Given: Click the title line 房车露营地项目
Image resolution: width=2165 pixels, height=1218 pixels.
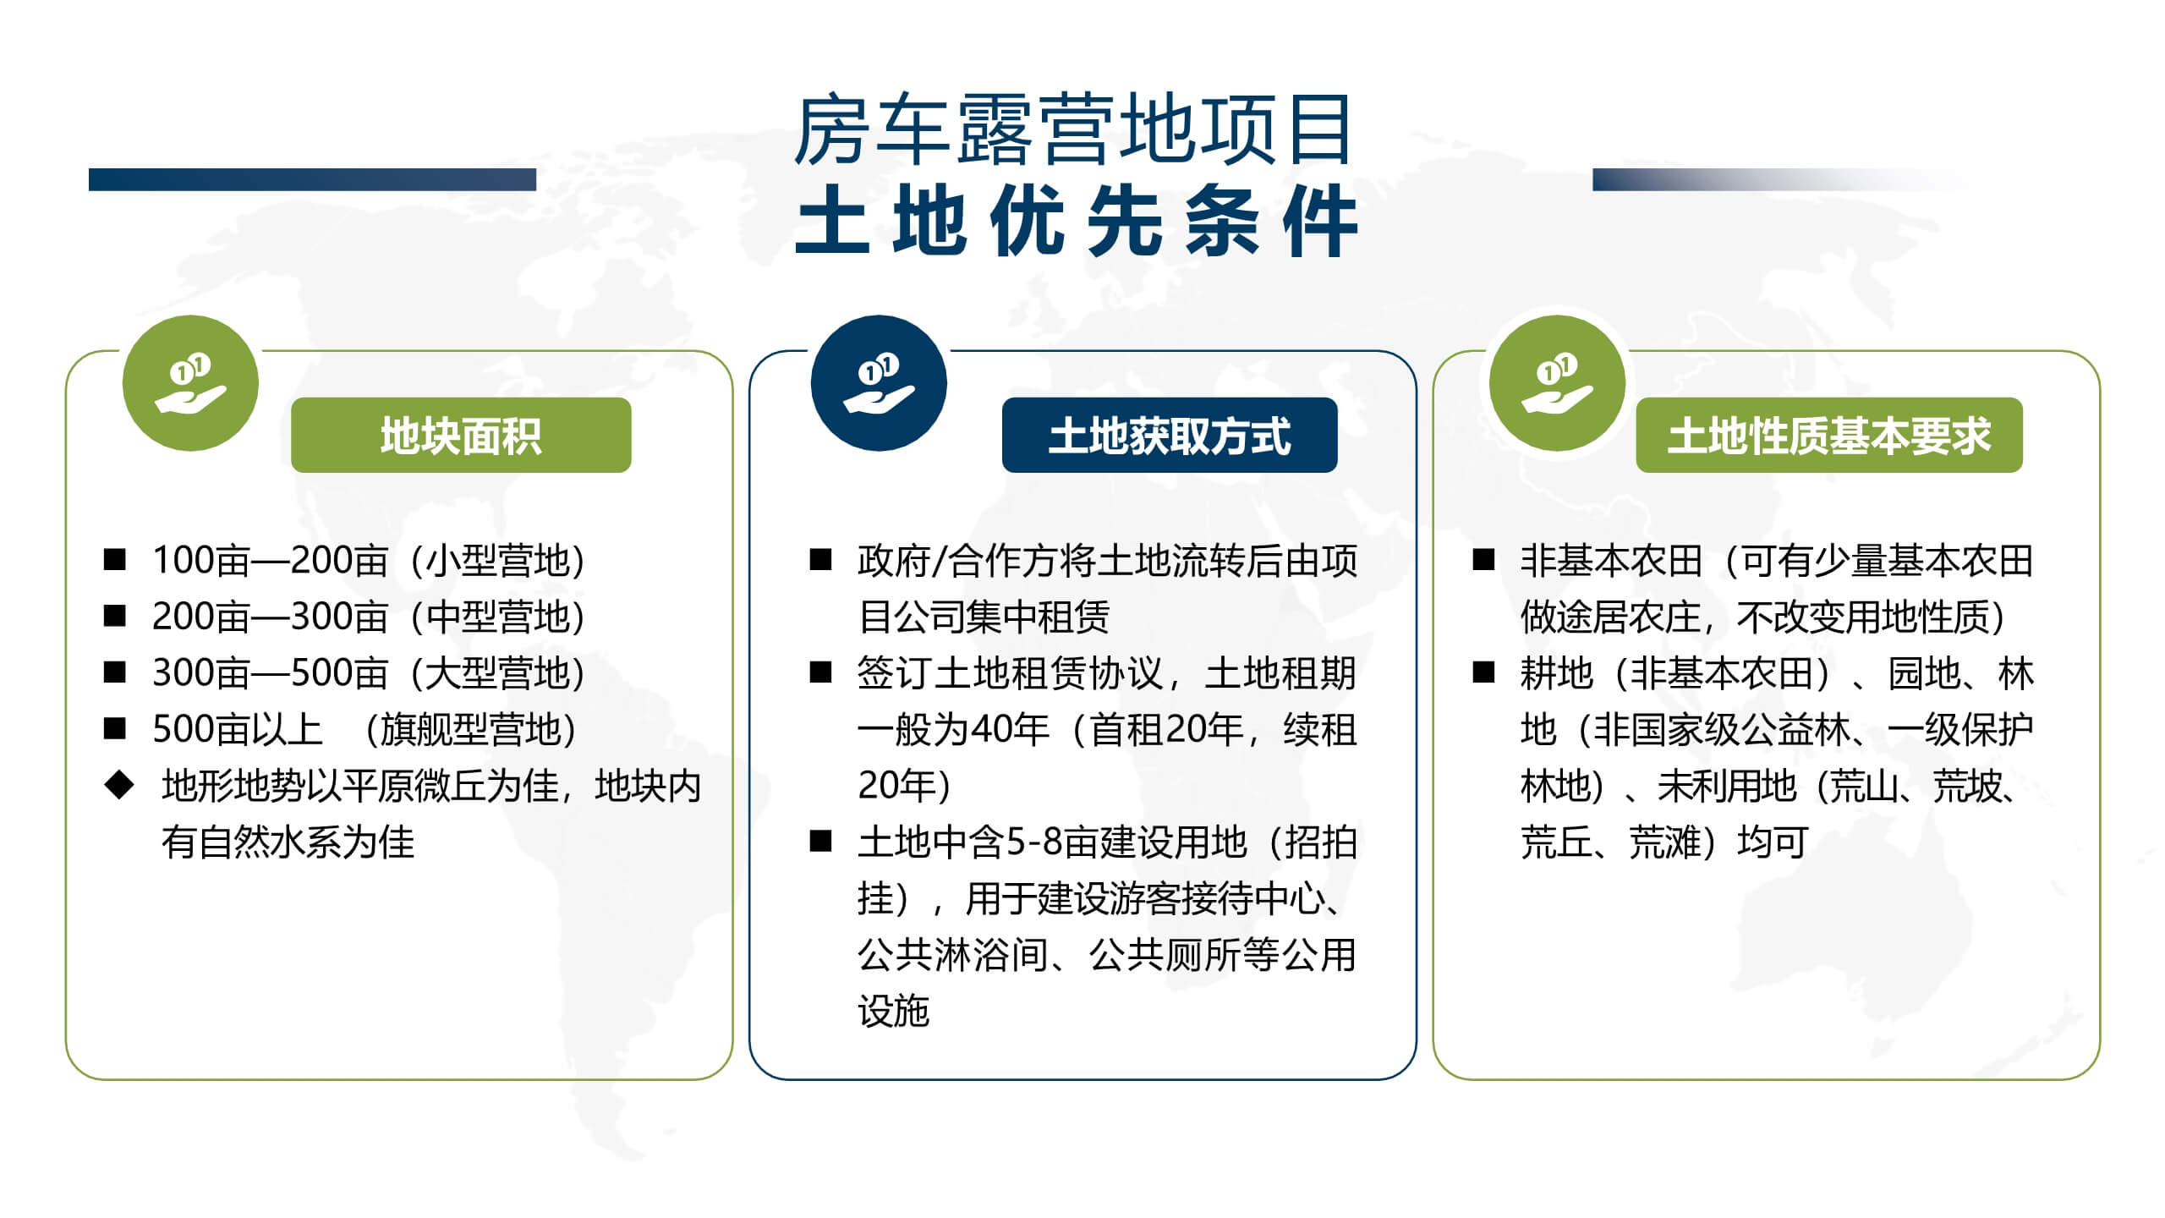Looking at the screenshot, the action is click(x=1073, y=131).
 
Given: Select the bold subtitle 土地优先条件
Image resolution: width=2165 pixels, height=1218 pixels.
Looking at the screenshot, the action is click(x=1076, y=222).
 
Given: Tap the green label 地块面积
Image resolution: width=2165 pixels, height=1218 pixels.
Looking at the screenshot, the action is click(x=461, y=436).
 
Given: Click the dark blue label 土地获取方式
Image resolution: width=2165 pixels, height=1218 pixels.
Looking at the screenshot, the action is click(x=1170, y=436).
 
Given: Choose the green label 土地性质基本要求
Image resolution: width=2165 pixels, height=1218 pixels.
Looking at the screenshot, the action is click(x=1829, y=436).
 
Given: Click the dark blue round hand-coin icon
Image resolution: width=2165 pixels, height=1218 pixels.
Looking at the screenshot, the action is click(x=879, y=383).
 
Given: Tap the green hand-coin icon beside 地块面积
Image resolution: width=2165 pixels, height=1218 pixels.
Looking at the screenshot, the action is click(x=190, y=383).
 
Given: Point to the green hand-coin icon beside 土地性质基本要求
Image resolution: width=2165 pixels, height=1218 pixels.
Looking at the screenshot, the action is click(x=1558, y=383).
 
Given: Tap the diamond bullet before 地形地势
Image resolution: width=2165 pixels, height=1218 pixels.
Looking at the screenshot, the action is click(x=118, y=785).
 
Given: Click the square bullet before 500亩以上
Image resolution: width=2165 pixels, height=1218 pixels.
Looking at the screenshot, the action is click(x=114, y=728).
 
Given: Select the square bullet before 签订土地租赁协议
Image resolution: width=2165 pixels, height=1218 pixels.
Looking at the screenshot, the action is click(x=820, y=672).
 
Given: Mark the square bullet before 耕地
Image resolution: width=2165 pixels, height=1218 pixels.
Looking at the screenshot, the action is click(x=1483, y=672).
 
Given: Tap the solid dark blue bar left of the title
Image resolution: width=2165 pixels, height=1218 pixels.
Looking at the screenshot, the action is click(x=312, y=179).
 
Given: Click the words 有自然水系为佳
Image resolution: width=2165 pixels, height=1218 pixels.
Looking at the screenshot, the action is click(x=288, y=842).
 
